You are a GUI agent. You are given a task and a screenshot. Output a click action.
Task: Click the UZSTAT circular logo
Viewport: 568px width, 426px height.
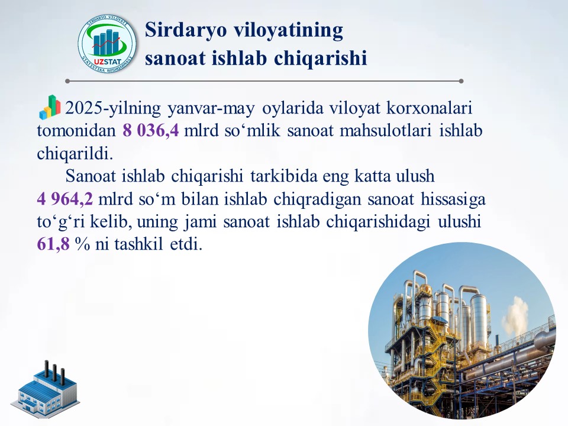pos(107,44)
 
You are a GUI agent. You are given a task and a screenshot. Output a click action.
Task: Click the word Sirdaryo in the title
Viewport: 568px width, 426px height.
pos(186,30)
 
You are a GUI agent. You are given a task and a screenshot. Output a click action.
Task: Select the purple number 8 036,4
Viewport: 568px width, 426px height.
pos(151,130)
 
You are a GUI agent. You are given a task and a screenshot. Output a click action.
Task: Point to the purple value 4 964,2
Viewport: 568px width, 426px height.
pos(65,199)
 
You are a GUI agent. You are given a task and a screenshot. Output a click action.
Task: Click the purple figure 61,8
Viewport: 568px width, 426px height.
pos(53,244)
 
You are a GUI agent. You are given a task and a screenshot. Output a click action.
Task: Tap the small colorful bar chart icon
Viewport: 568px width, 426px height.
pos(50,107)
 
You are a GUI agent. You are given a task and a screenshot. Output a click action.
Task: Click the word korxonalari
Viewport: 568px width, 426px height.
pos(430,108)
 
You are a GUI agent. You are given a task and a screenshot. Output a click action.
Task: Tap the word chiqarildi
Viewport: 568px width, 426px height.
pos(75,154)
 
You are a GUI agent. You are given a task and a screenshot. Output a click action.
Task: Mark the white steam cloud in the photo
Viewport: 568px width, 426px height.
pos(515,314)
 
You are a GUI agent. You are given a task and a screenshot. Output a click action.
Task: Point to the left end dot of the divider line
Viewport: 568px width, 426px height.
pos(67,81)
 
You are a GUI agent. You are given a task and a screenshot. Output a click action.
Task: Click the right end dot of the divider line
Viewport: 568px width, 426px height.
pos(461,81)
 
